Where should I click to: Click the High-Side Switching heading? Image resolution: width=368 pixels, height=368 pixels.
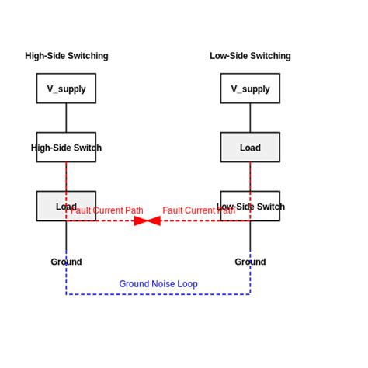[66, 56]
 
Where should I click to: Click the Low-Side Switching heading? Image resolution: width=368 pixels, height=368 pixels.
[250, 56]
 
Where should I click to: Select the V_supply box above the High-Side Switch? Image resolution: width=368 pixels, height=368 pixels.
[66, 89]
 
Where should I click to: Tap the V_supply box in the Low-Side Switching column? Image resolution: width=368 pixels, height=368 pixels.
[250, 89]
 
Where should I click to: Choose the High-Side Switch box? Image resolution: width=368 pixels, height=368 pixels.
[66, 148]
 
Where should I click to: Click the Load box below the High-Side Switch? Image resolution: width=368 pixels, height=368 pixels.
[47, 206]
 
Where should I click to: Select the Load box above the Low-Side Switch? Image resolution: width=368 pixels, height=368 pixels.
[250, 148]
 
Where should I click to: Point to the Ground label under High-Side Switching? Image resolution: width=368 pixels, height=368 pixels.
[66, 262]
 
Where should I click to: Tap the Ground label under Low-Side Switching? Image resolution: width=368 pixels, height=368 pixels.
[250, 262]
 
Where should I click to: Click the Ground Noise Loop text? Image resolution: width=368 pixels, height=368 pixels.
[158, 284]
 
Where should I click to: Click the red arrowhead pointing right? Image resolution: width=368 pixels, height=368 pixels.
[141, 220]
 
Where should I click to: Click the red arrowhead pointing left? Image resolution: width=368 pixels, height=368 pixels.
[153, 220]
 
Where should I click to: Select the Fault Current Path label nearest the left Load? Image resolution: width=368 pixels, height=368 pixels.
[107, 210]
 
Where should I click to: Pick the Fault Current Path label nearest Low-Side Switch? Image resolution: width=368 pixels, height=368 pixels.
[199, 210]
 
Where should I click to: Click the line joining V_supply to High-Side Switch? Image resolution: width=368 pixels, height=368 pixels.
[66, 117]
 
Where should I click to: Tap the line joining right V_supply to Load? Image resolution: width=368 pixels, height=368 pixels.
[250, 117]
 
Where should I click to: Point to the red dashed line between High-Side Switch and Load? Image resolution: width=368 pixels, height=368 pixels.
[66, 176]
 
